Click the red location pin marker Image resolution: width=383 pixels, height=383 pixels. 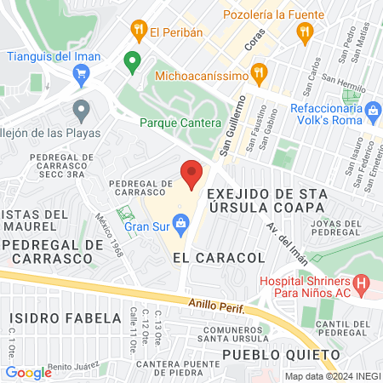click(x=191, y=174)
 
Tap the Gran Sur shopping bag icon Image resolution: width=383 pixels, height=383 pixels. click(x=180, y=224)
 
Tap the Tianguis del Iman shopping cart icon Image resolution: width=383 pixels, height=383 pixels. click(x=81, y=75)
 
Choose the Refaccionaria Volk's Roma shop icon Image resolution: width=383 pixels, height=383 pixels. click(x=373, y=110)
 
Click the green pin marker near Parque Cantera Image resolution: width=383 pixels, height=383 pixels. click(x=132, y=61)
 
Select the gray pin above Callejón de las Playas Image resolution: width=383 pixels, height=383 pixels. click(x=82, y=110)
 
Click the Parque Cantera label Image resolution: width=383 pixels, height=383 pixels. click(x=180, y=123)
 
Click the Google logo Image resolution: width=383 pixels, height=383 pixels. click(x=28, y=372)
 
